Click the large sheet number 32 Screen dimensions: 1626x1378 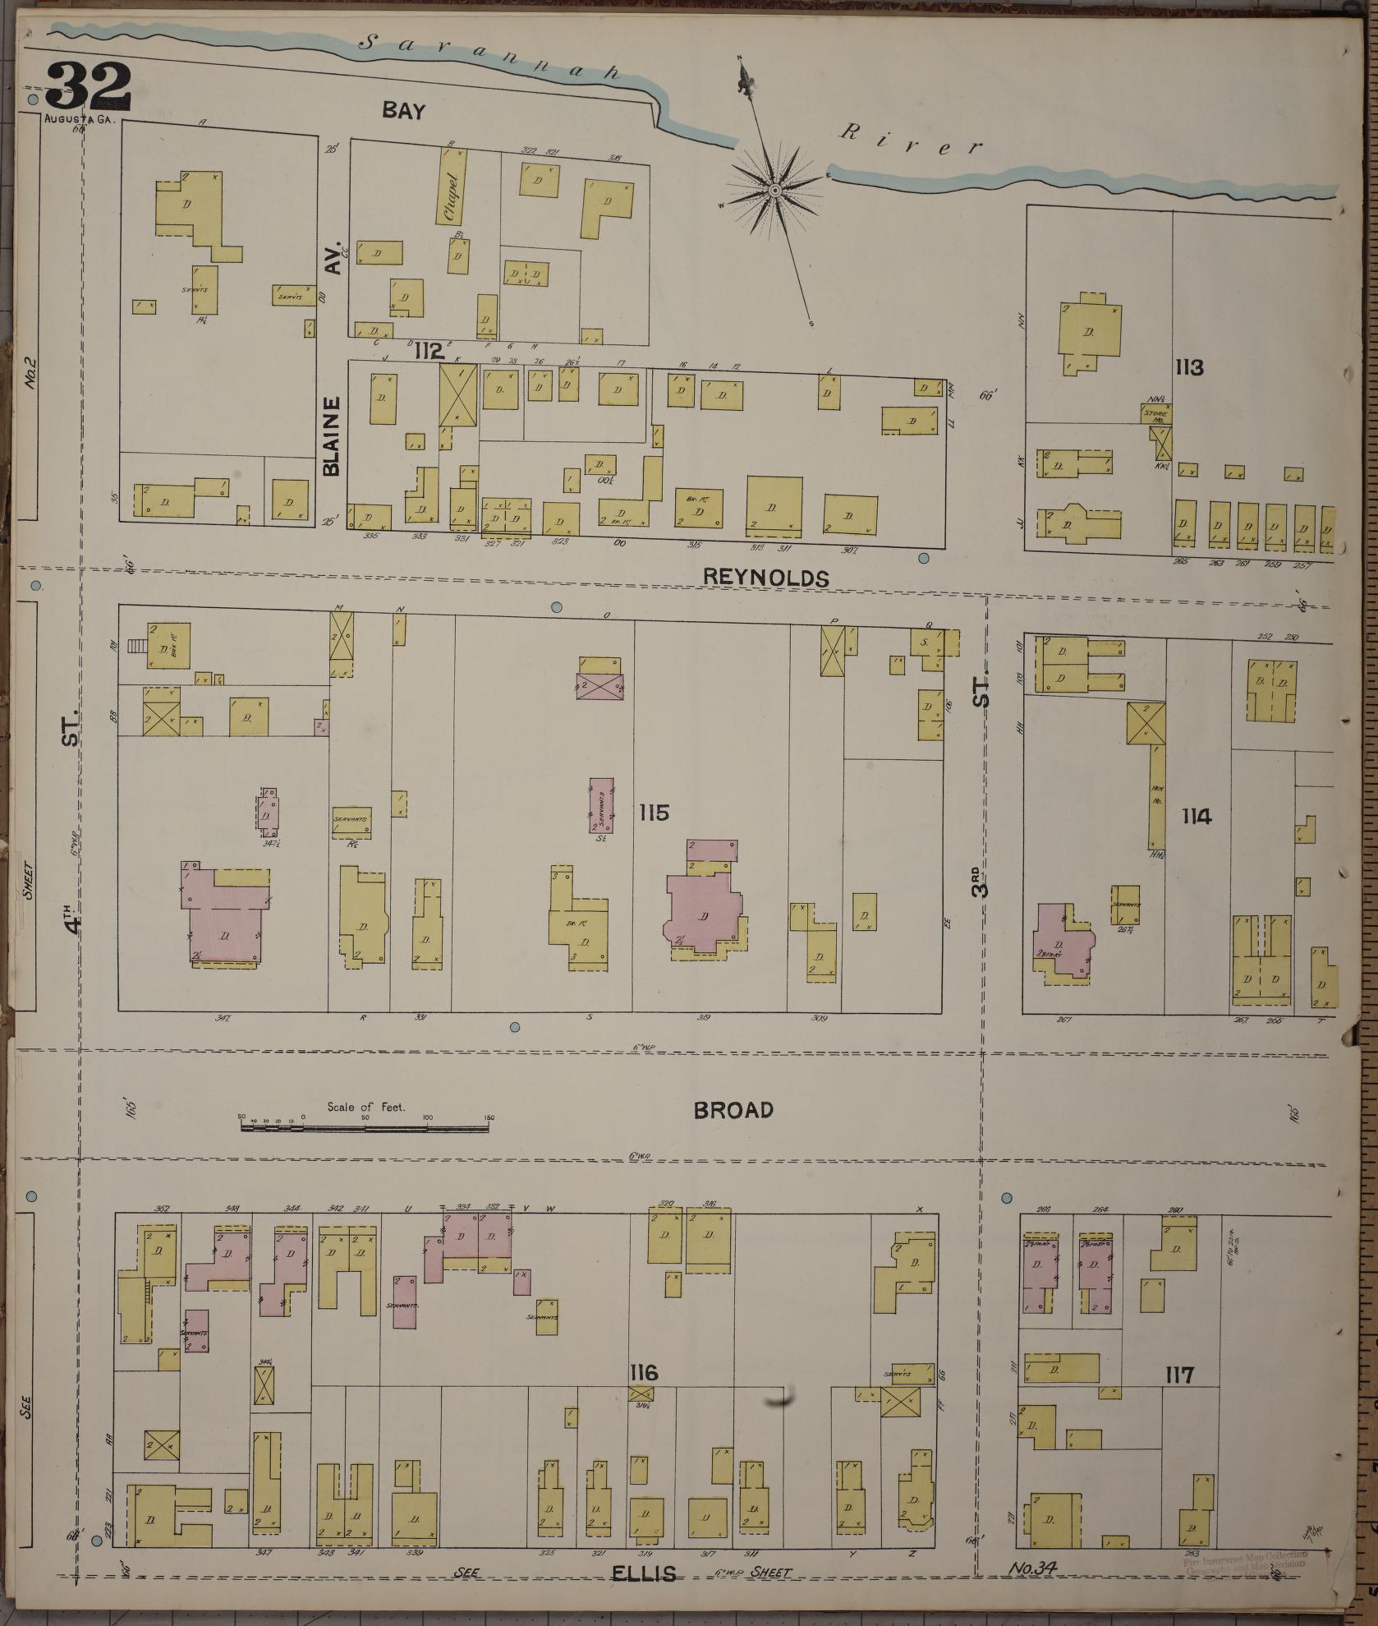[x=89, y=86]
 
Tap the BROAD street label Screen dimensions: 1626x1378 [x=733, y=1110]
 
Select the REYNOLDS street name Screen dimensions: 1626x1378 [x=765, y=578]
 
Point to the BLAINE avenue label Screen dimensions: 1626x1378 [x=331, y=436]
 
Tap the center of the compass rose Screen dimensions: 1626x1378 [x=774, y=191]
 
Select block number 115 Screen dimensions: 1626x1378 [x=655, y=813]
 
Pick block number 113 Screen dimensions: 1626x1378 [x=1189, y=367]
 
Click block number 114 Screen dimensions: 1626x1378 [x=1197, y=816]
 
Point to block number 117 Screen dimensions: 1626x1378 [x=1178, y=1375]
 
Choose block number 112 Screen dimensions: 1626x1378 [x=429, y=352]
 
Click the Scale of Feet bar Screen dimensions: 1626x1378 [x=365, y=1128]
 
